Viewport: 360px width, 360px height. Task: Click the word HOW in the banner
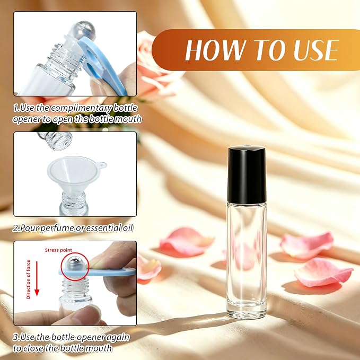pos(215,50)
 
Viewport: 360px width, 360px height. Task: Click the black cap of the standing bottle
pos(247,174)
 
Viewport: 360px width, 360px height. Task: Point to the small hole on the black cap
pos(247,146)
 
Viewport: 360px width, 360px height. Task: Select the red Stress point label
pos(58,250)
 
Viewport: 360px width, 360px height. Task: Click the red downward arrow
pos(37,278)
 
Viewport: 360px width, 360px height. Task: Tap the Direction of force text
pos(29,279)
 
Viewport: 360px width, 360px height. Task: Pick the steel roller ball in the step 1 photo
pos(84,29)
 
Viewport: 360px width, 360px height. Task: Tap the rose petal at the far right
pos(324,273)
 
